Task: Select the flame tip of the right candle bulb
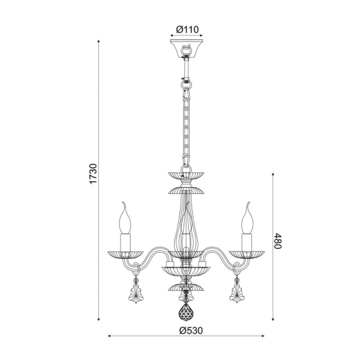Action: coord(248,206)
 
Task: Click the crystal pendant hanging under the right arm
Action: coord(236,295)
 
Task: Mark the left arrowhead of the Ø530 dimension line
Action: coord(110,337)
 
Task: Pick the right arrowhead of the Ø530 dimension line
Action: coord(265,337)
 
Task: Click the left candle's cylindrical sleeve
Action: coord(127,241)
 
